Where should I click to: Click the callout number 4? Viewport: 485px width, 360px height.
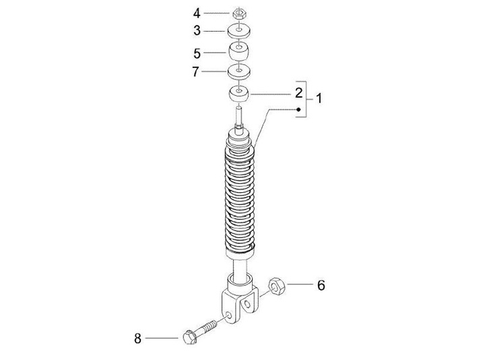(197, 13)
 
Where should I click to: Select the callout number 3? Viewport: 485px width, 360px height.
(197, 31)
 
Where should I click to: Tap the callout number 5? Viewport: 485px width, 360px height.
(197, 53)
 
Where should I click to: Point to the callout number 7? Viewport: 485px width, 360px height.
(195, 72)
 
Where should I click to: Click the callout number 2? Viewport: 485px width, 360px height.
(298, 93)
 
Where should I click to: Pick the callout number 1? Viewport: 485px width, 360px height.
(319, 98)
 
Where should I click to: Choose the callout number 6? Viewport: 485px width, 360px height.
(321, 285)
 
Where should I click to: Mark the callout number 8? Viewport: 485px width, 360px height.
(137, 338)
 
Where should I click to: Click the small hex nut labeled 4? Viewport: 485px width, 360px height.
(239, 13)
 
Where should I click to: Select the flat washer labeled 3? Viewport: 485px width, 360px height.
(238, 30)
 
